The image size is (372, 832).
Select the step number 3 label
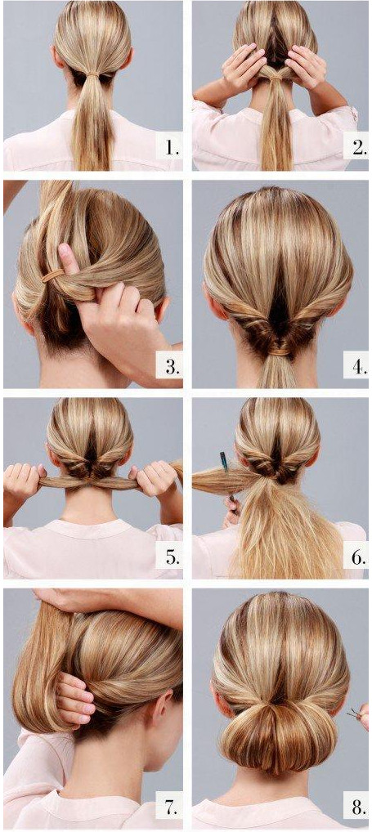point(170,367)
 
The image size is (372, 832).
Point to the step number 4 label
point(359,367)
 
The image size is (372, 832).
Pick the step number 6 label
point(359,557)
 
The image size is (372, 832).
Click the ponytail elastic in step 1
point(94,78)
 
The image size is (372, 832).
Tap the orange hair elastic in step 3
point(52,275)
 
